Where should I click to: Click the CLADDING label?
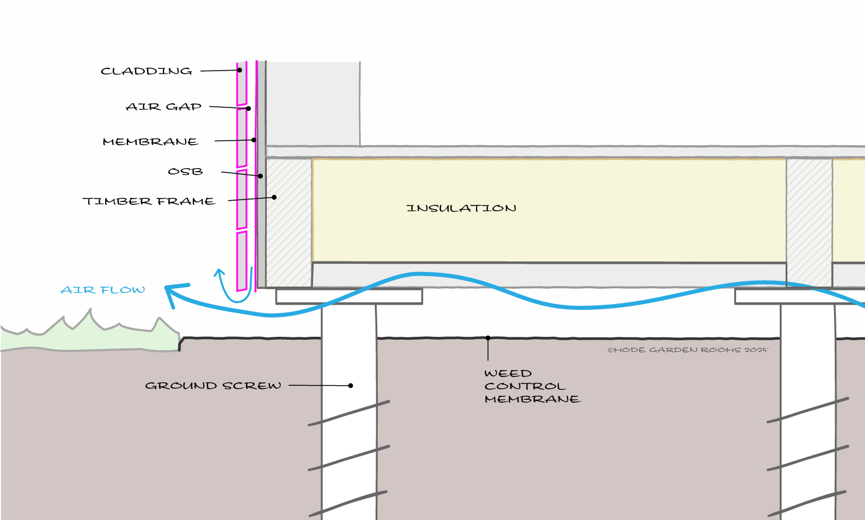click(147, 71)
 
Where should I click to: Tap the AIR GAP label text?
click(164, 106)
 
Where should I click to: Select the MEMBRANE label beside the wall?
click(151, 142)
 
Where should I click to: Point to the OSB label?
click(185, 171)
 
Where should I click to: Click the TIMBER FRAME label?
click(149, 201)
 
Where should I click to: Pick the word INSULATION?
click(461, 208)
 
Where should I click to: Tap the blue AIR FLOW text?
click(103, 289)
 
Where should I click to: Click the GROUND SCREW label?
click(213, 385)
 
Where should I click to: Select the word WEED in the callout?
click(508, 374)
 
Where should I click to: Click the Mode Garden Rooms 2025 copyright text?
click(688, 350)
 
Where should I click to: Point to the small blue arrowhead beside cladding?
click(220, 273)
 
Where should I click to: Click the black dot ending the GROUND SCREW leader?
click(350, 385)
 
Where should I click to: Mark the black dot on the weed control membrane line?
click(488, 338)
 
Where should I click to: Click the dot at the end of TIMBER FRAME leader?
click(274, 197)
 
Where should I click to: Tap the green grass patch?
click(87, 334)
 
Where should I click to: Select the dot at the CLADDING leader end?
click(240, 70)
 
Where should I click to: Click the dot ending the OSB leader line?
click(260, 176)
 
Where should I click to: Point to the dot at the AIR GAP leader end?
click(249, 109)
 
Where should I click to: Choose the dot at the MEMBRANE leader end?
click(254, 140)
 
